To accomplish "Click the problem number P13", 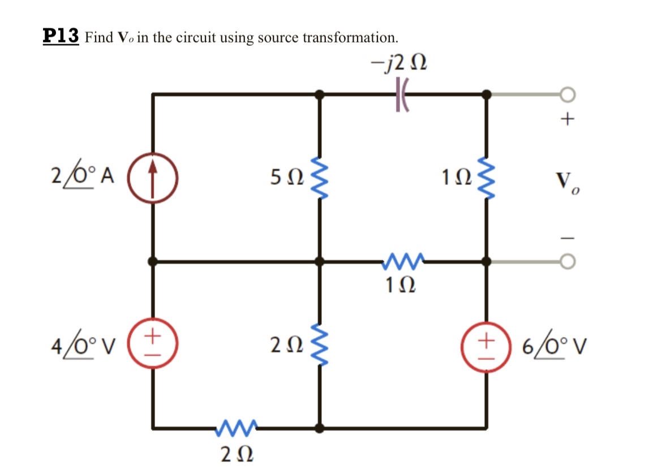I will [x=61, y=36].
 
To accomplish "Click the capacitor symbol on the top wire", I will [x=401, y=94].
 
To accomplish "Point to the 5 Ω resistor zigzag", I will [x=320, y=177].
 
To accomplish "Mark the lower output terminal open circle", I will [x=568, y=261].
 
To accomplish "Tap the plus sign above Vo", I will [x=569, y=119].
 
